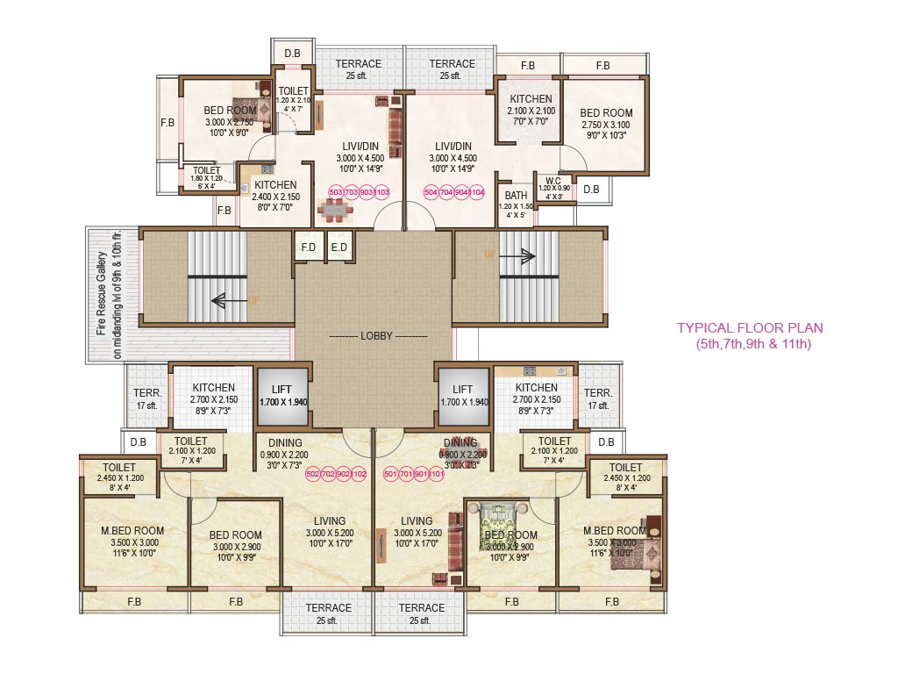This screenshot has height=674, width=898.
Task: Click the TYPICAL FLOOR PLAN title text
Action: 749,328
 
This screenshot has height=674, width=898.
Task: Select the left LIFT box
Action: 282,394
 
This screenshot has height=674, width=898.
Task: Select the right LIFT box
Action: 462,394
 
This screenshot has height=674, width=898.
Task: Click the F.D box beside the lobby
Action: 308,247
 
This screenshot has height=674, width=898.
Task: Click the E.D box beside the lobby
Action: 339,247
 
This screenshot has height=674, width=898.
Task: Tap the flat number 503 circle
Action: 335,191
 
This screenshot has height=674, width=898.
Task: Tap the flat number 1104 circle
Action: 477,191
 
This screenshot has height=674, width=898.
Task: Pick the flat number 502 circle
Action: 313,474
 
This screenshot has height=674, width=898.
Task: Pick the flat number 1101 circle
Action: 437,474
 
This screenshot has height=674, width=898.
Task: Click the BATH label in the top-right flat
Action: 516,196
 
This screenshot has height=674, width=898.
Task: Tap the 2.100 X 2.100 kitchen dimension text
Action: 531,111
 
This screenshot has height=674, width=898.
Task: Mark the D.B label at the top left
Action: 292,54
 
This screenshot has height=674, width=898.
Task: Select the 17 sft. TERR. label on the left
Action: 146,399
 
